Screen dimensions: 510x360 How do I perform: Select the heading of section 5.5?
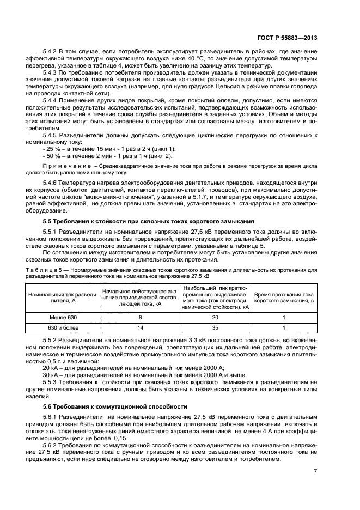tap(149, 221)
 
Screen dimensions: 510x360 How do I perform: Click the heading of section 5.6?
tap(115, 406)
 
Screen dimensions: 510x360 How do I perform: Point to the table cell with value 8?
tap(140, 317)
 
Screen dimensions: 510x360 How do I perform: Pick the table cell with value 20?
tap(216, 317)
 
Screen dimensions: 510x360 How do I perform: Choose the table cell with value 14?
tap(140, 328)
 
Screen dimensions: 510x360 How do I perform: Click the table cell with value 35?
tap(216, 328)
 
